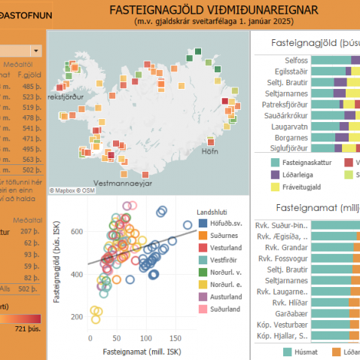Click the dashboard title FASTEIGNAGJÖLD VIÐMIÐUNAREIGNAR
pos(213,9)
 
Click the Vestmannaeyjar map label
pos(124,183)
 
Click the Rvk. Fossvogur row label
pos(282,258)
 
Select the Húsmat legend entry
pos(305,351)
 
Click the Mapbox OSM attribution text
pos(72,191)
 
